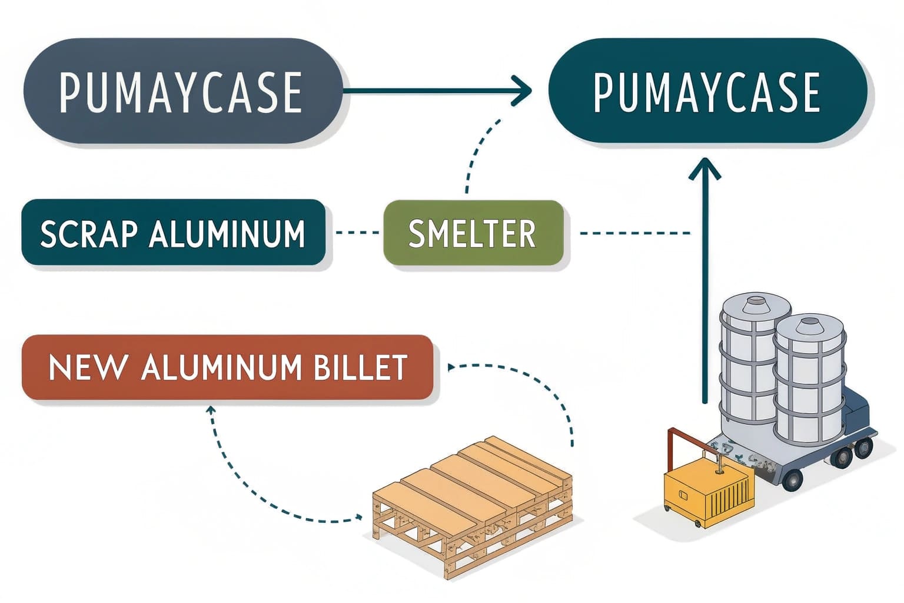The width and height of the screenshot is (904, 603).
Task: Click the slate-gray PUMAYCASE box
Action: [x=182, y=91]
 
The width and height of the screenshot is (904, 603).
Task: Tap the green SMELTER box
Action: [x=473, y=234]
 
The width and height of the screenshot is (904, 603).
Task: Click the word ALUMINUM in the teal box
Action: [x=227, y=234]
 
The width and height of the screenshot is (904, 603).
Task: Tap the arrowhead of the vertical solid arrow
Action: [x=704, y=168]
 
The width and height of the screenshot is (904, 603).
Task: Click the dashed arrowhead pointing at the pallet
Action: [x=357, y=518]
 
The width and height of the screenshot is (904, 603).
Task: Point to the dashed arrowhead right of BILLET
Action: [x=452, y=367]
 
